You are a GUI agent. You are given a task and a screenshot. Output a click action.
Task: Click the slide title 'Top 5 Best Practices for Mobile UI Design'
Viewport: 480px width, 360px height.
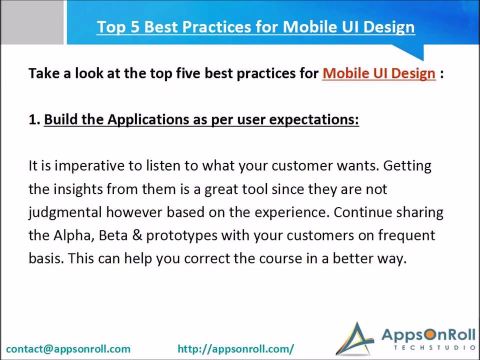[x=255, y=27]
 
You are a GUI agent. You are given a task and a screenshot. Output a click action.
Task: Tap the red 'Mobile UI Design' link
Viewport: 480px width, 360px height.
[x=378, y=74]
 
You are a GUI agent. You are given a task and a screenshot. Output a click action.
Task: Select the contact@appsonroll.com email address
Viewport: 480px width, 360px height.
[x=68, y=348]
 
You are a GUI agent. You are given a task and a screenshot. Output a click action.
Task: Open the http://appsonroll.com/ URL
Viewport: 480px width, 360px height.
[x=235, y=348]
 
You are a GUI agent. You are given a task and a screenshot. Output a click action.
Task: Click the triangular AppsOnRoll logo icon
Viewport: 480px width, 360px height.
[x=355, y=339]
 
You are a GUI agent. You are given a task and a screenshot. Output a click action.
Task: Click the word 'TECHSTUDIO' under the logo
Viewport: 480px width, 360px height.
[x=434, y=348]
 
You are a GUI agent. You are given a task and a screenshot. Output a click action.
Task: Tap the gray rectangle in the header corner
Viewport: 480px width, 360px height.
[x=32, y=22]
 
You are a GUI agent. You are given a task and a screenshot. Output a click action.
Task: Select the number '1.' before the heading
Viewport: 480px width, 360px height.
[x=34, y=119]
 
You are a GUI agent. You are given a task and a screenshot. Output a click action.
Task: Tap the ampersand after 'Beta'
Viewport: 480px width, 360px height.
[x=137, y=235]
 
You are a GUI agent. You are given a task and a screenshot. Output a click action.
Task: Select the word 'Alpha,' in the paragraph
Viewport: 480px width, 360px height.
[x=74, y=235]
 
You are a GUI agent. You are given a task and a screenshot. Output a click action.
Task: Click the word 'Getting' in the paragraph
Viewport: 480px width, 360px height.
[x=407, y=166]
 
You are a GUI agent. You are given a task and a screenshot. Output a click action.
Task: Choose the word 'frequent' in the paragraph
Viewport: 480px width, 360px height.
[x=406, y=235]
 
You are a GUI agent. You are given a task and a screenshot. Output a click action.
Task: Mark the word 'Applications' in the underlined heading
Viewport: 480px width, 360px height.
[x=148, y=120]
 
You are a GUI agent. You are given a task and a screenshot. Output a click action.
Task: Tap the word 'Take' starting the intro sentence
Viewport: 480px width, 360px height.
[x=44, y=74]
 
